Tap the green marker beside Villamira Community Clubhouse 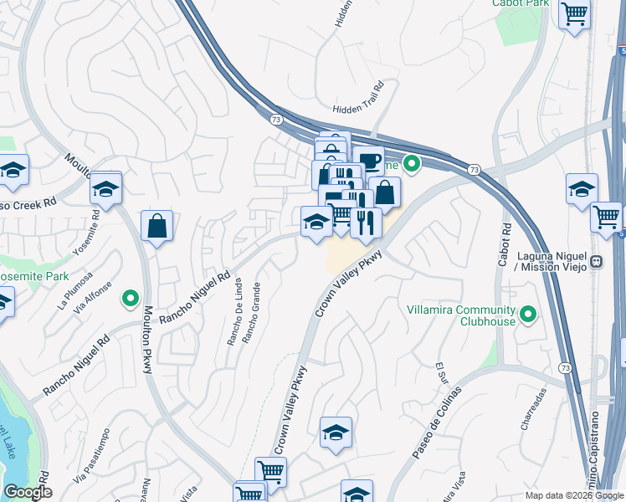pos(528,315)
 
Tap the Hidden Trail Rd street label pos(357,100)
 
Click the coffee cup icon pos(367,159)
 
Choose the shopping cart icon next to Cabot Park pos(574,13)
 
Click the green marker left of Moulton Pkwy pos(130,297)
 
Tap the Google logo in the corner pos(28,492)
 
